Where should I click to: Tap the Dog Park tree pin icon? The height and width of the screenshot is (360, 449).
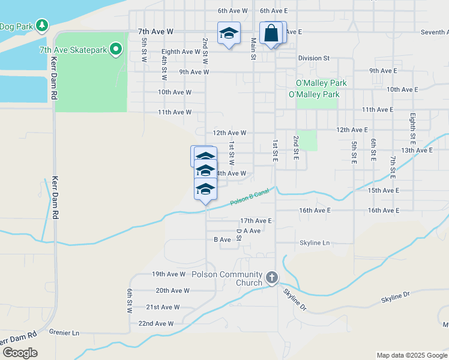click(x=41, y=25)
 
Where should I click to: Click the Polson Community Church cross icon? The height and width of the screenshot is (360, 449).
click(x=272, y=277)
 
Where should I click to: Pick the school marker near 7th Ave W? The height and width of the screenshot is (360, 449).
click(x=228, y=34)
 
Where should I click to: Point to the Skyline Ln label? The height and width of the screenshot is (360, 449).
click(x=315, y=243)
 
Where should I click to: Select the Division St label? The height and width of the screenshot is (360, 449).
click(x=314, y=58)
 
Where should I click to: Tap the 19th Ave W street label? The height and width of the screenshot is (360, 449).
click(x=169, y=274)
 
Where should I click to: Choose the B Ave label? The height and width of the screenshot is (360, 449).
click(x=222, y=239)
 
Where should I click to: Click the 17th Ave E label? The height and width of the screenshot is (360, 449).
click(x=256, y=221)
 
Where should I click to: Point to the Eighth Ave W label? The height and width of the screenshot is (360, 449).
click(x=181, y=52)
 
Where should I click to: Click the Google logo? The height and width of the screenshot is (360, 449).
click(x=19, y=353)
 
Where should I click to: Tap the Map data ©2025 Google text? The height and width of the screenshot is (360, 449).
click(x=411, y=355)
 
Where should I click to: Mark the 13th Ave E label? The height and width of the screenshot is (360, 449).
click(x=417, y=150)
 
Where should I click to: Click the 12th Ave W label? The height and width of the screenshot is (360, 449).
click(x=229, y=133)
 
